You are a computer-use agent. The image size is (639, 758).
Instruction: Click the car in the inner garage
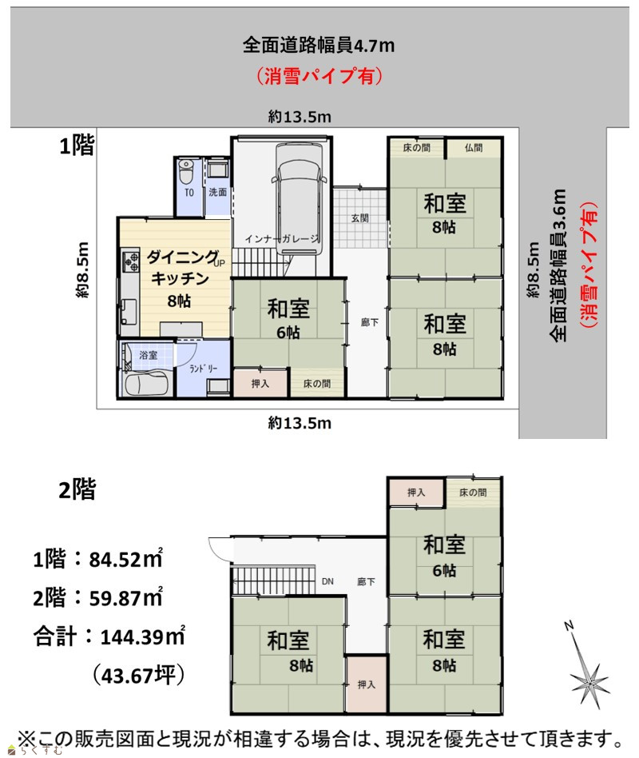tap(299, 198)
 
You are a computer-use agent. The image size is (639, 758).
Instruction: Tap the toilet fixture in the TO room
tap(186, 171)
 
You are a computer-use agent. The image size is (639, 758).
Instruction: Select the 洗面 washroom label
tap(217, 193)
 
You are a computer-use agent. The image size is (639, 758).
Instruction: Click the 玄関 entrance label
tap(359, 218)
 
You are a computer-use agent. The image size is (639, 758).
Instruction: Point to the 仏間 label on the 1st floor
tap(474, 148)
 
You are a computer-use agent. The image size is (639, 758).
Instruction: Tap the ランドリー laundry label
tap(203, 369)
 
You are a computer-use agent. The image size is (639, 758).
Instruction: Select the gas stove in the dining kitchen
tap(130, 261)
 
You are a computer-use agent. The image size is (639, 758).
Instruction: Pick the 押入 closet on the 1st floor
tap(260, 383)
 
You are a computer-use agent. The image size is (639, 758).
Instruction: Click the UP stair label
tap(219, 264)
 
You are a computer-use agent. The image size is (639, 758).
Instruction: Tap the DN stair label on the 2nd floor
tap(327, 581)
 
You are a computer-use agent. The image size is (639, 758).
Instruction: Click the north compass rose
tap(588, 676)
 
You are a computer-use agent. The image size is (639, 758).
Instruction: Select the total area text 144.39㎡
tap(142, 636)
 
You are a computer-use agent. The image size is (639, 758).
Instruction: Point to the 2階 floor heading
tap(77, 489)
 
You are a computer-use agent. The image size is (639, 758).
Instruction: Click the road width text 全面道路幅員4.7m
tap(318, 45)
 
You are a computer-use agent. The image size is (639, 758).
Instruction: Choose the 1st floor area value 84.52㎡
tap(125, 559)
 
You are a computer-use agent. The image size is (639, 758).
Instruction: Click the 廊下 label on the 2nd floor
tap(366, 581)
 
